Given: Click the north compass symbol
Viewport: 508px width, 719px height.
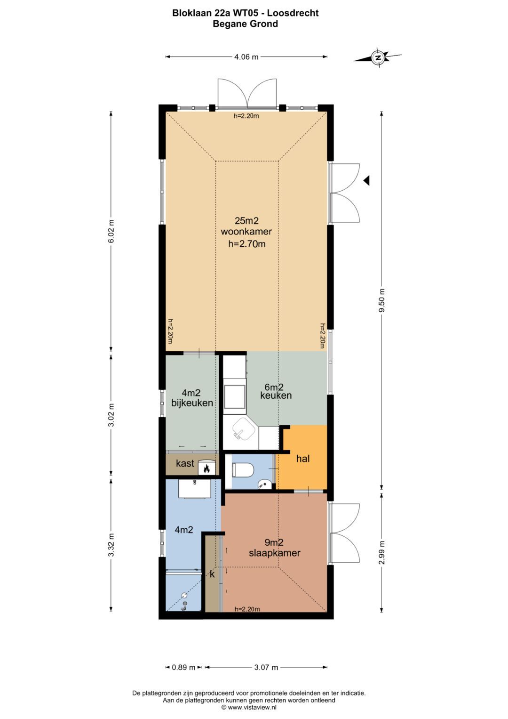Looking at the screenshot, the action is (378, 58).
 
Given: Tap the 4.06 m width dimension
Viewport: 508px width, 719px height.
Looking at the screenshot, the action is (246, 57).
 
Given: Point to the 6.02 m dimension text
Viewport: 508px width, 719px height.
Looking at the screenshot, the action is (111, 232).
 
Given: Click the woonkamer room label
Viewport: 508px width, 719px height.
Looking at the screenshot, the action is (246, 232).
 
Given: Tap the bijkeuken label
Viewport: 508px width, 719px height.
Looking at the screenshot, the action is (192, 403).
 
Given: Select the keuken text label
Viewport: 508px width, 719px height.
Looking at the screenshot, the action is (276, 396).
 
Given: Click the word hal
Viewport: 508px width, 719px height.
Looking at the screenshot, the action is (303, 459).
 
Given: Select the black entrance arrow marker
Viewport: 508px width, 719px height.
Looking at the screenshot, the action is (366, 181).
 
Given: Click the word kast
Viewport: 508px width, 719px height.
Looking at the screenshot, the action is (185, 463).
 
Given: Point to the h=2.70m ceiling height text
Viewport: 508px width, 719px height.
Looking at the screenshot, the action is (247, 244).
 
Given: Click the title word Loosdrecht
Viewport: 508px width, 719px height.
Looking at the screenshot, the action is (293, 13).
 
